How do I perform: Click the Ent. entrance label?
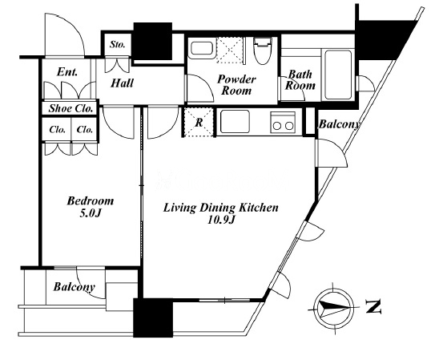pyautogui.click(x=67, y=72)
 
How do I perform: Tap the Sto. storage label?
pyautogui.click(x=118, y=45)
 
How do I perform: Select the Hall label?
pyautogui.click(x=122, y=83)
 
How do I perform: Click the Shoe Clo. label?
pyautogui.click(x=70, y=108)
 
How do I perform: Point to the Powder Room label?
pyautogui.click(x=236, y=85)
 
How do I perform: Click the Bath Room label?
pyautogui.click(x=300, y=80)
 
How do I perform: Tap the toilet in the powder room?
pyautogui.click(x=263, y=51)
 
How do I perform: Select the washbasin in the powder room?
pyautogui.click(x=202, y=49)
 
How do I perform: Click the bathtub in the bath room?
pyautogui.click(x=338, y=75)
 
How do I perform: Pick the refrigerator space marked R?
pyautogui.click(x=199, y=122)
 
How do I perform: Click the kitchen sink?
pyautogui.click(x=236, y=122)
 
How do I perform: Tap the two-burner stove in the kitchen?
pyautogui.click(x=283, y=122)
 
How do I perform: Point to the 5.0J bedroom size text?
pyautogui.click(x=90, y=213)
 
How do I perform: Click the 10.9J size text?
pyautogui.click(x=221, y=220)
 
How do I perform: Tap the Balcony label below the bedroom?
pyautogui.click(x=74, y=287)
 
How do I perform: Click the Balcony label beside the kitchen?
pyautogui.click(x=339, y=124)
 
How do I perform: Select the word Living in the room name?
pyautogui.click(x=179, y=208)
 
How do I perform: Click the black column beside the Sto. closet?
pyautogui.click(x=153, y=41)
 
